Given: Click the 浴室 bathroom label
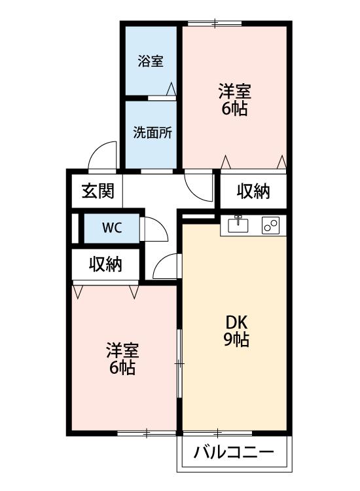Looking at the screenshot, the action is point(151,61).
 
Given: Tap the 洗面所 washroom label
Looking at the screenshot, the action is point(153,133).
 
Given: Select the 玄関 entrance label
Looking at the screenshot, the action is point(98,191).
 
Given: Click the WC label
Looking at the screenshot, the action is point(112,228).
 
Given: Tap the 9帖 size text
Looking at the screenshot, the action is point(236,339).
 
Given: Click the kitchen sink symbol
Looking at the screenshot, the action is point(238,224).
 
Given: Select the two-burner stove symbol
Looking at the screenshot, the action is point(270,225).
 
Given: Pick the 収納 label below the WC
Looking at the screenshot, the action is point(105,264).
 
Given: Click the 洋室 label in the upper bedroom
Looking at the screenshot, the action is point(234,91).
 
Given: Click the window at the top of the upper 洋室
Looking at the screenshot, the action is point(215,23).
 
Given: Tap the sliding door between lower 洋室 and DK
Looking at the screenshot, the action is point(179,363).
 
